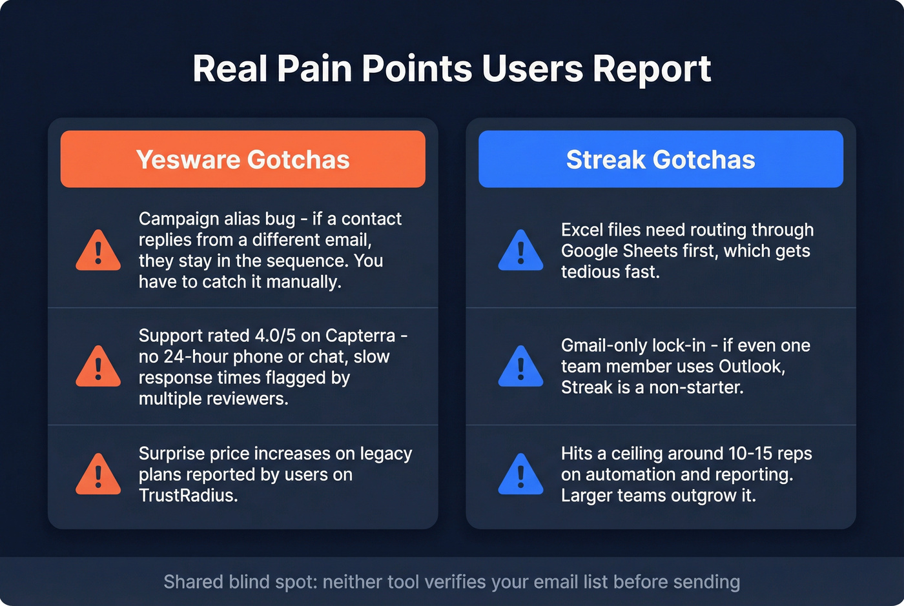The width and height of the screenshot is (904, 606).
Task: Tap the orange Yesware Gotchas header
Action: point(243,159)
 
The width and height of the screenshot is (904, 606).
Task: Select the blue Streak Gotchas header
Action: point(661,159)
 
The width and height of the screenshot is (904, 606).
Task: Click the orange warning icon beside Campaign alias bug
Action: point(98,250)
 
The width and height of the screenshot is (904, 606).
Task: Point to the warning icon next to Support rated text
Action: point(98,367)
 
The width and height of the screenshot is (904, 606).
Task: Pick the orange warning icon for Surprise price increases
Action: point(98,474)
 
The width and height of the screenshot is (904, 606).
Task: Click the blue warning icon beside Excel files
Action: point(520,250)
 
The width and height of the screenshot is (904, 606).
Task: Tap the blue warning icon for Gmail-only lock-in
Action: point(520,367)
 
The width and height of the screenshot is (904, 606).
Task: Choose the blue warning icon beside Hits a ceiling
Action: point(520,474)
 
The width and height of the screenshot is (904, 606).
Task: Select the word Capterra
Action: point(360,336)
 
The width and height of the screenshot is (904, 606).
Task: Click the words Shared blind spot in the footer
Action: point(239,581)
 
